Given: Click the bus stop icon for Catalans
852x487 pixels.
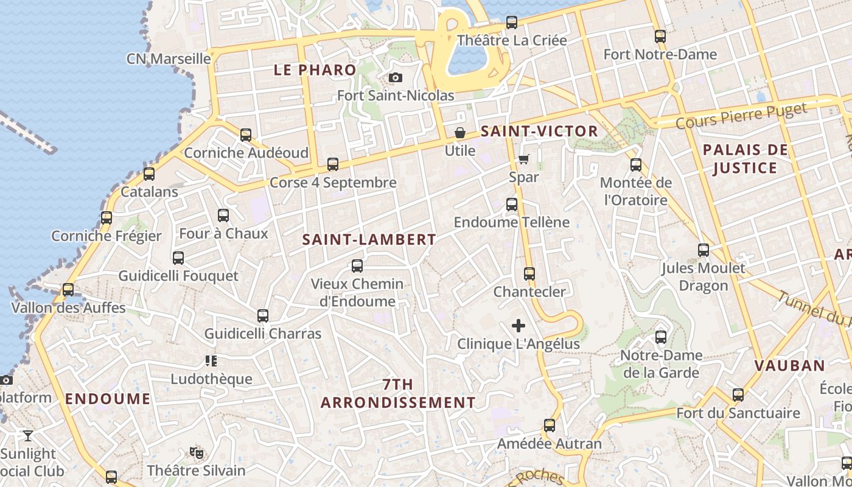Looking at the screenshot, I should (149, 174).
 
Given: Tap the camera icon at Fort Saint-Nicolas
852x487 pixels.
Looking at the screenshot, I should (396, 78).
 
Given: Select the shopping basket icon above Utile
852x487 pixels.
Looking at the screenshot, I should (460, 133).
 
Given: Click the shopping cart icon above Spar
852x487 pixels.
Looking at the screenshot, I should (524, 159).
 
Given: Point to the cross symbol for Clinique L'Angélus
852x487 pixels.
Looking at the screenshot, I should (519, 326).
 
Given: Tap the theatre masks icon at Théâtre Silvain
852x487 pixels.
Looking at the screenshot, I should (196, 452).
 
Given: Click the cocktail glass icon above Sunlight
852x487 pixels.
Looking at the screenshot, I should (28, 435).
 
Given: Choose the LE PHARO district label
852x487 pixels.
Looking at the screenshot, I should (315, 70).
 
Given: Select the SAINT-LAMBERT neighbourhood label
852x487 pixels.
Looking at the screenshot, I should (369, 240).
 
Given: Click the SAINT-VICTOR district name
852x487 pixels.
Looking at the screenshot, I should (539, 131).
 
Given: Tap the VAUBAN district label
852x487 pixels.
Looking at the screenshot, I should (789, 366).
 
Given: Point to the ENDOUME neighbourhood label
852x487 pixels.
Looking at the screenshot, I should (108, 399).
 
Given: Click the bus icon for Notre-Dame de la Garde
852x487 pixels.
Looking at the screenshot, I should (661, 337).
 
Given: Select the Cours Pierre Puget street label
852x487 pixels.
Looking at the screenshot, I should (741, 116).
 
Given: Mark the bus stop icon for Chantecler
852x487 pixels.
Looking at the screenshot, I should (529, 274).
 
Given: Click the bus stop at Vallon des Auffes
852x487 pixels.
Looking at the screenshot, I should (68, 290).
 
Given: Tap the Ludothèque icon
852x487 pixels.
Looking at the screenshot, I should (211, 361).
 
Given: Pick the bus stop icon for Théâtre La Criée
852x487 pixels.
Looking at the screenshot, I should (512, 23).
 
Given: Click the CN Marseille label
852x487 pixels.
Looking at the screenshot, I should (169, 59).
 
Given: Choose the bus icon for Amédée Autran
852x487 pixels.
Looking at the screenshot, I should (550, 426).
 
